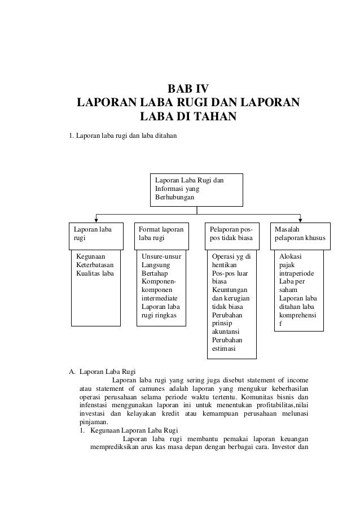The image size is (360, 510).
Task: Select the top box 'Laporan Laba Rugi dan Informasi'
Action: [196, 189]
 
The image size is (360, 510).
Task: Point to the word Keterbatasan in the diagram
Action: [95, 265]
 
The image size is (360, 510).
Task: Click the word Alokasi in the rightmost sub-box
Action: [291, 256]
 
